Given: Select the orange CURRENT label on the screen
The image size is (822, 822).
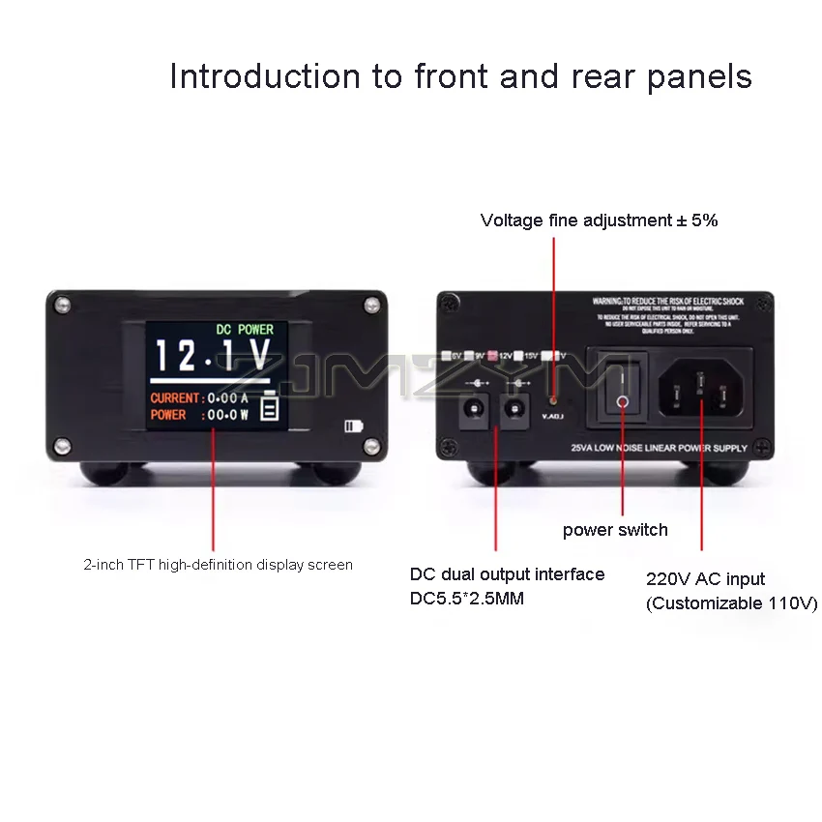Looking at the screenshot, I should point(174,397).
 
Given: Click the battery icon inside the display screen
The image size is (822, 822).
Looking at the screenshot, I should point(269,410).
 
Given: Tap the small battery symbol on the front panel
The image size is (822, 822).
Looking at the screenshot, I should point(354,426).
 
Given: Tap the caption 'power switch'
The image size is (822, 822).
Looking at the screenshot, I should point(615,530).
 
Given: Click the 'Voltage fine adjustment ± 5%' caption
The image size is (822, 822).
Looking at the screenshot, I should point(599,220).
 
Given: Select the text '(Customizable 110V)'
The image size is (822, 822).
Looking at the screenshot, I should point(731,603).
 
